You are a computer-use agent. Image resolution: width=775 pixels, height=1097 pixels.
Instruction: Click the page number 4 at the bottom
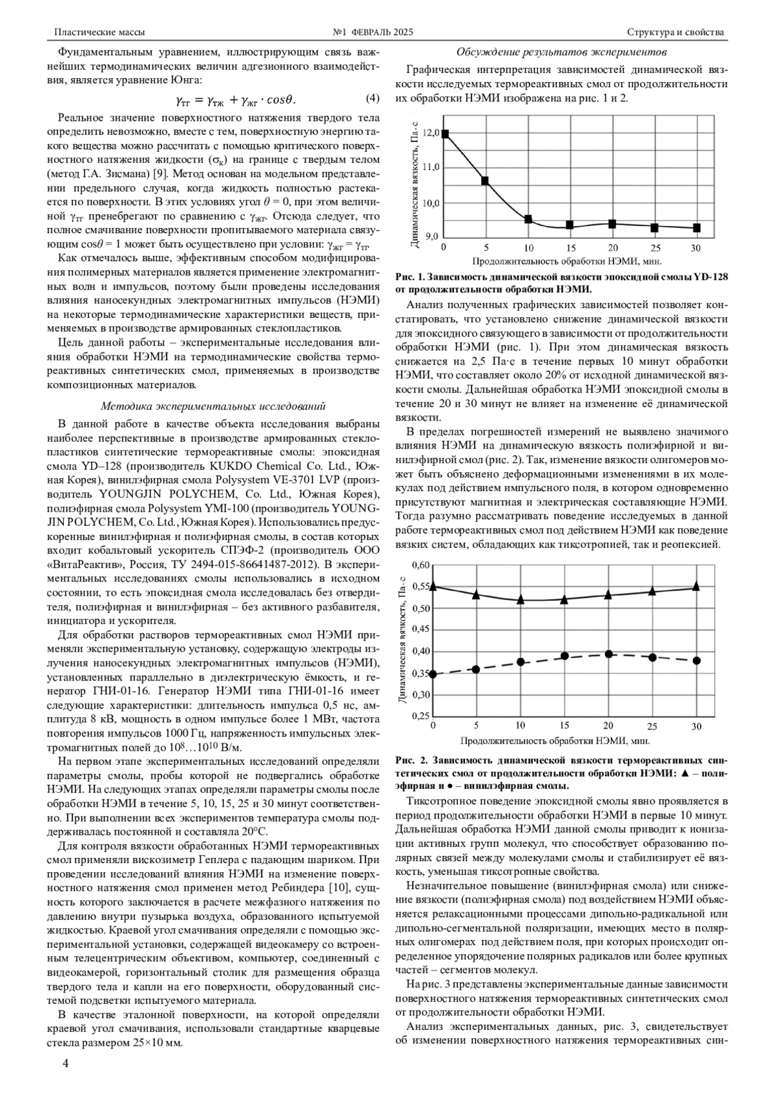pos(66,1063)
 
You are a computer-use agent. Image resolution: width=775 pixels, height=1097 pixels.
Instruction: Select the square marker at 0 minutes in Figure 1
pos(445,134)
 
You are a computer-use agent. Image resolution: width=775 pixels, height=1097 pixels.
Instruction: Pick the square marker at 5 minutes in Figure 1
pos(485,181)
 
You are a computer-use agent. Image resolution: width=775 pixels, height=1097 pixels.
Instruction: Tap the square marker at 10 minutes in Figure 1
pos(528,219)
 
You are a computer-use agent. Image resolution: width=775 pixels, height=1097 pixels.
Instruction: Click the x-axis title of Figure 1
pos(567,261)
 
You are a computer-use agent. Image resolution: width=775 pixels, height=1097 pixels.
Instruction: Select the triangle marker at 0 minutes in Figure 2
pos(433,586)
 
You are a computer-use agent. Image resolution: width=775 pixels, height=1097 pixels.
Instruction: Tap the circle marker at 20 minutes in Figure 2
pos(608,654)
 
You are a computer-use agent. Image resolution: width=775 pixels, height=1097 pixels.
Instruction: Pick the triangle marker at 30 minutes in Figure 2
pos(696,586)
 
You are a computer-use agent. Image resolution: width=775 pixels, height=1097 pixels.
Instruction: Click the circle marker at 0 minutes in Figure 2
pos(433,674)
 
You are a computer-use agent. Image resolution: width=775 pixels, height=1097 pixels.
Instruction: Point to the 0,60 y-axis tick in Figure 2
pos(420,565)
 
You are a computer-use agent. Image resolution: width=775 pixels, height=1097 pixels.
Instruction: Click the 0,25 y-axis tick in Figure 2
pos(420,716)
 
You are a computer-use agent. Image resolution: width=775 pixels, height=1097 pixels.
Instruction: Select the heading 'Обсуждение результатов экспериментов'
pos(561,52)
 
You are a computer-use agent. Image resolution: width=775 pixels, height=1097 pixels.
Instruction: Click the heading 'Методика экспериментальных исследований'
pos(213,406)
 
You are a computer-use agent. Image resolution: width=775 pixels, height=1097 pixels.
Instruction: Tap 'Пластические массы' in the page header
pos(99,32)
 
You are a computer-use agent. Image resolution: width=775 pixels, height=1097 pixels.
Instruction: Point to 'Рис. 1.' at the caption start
pos(411,277)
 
